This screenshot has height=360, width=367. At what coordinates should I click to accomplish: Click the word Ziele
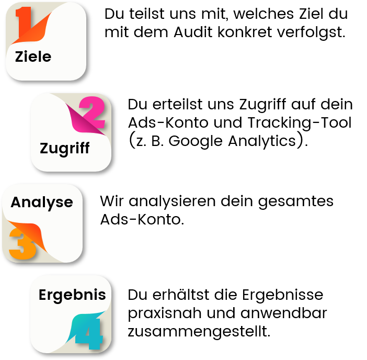[x=33, y=57]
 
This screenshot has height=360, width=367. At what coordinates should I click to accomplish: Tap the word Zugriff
[x=65, y=149]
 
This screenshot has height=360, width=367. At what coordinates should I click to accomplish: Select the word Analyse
[x=42, y=203]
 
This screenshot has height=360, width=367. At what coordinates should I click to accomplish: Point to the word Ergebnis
[x=72, y=295]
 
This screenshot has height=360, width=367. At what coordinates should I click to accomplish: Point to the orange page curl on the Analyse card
[x=32, y=233]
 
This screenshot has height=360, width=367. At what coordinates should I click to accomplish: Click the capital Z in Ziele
[x=20, y=57]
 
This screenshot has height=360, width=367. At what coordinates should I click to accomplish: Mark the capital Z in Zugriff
[x=45, y=149]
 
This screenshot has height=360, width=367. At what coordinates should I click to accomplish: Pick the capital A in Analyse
[x=16, y=203]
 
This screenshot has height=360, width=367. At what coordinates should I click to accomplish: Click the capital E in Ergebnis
[x=43, y=295]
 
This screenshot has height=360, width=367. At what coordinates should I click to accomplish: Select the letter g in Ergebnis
[x=59, y=297]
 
